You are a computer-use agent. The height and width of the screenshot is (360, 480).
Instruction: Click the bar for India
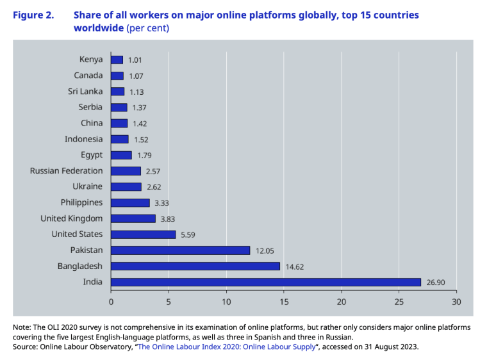tap(266, 282)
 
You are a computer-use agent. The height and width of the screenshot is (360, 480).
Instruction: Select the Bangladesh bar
tap(195, 266)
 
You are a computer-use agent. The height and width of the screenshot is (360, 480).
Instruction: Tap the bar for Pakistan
tap(181, 250)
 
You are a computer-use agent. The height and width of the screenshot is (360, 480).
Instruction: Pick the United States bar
tap(144, 234)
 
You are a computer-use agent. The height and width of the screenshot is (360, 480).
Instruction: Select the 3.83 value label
tap(168, 218)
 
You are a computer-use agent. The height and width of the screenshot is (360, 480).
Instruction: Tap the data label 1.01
tap(135, 60)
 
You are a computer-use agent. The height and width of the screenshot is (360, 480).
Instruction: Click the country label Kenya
tap(91, 60)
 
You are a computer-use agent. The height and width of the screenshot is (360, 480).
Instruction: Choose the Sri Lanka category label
tap(85, 92)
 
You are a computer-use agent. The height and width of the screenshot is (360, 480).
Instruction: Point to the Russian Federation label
tap(67, 171)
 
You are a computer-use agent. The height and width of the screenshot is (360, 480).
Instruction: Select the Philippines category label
tap(81, 202)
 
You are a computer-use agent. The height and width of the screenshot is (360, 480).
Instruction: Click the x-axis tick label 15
tap(284, 301)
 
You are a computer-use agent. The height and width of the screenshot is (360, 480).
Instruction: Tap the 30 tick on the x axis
tap(456, 301)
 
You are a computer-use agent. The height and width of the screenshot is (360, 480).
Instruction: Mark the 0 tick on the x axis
tap(112, 301)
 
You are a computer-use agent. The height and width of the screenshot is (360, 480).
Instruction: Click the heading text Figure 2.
tap(33, 13)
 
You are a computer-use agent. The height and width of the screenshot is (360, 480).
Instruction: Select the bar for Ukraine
tap(126, 187)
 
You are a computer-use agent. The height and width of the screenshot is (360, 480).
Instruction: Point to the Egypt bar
tap(122, 155)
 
